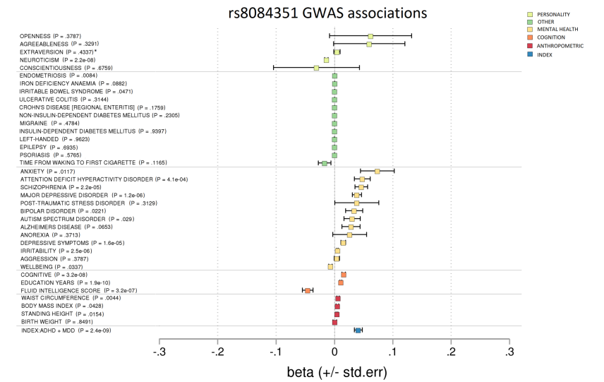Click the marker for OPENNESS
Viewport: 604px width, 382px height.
(x=370, y=36)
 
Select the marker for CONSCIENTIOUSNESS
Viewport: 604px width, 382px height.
(x=316, y=68)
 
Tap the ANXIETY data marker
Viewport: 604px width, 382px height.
(x=377, y=171)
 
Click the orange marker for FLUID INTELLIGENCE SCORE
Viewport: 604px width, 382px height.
(x=308, y=290)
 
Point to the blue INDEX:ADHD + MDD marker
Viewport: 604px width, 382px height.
(x=358, y=330)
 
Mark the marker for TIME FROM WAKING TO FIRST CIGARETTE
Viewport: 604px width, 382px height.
(x=325, y=163)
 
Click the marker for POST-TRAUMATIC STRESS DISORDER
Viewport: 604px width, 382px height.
(x=356, y=203)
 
